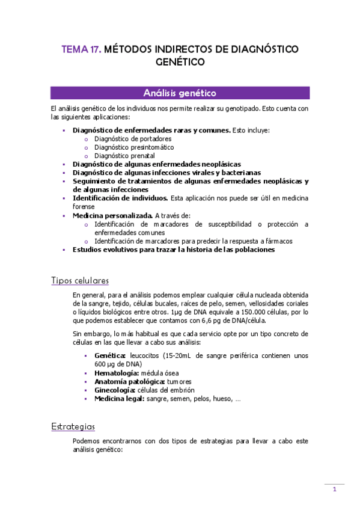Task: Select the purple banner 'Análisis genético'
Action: (180, 93)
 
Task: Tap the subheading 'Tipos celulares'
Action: (80, 280)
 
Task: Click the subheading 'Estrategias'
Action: (73, 426)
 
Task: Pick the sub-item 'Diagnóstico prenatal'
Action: (124, 155)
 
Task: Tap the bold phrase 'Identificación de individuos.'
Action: (120, 198)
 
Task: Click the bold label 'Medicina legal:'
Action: (119, 398)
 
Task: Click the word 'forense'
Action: (84, 206)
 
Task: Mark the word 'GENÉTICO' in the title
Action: (180, 62)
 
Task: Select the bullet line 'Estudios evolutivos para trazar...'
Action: (174, 250)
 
